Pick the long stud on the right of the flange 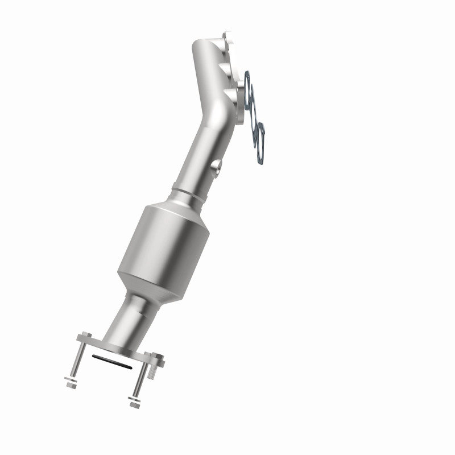click(139, 381)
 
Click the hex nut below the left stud click(72, 384)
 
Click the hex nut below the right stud click(134, 405)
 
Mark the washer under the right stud click(136, 399)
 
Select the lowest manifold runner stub click(233, 94)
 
